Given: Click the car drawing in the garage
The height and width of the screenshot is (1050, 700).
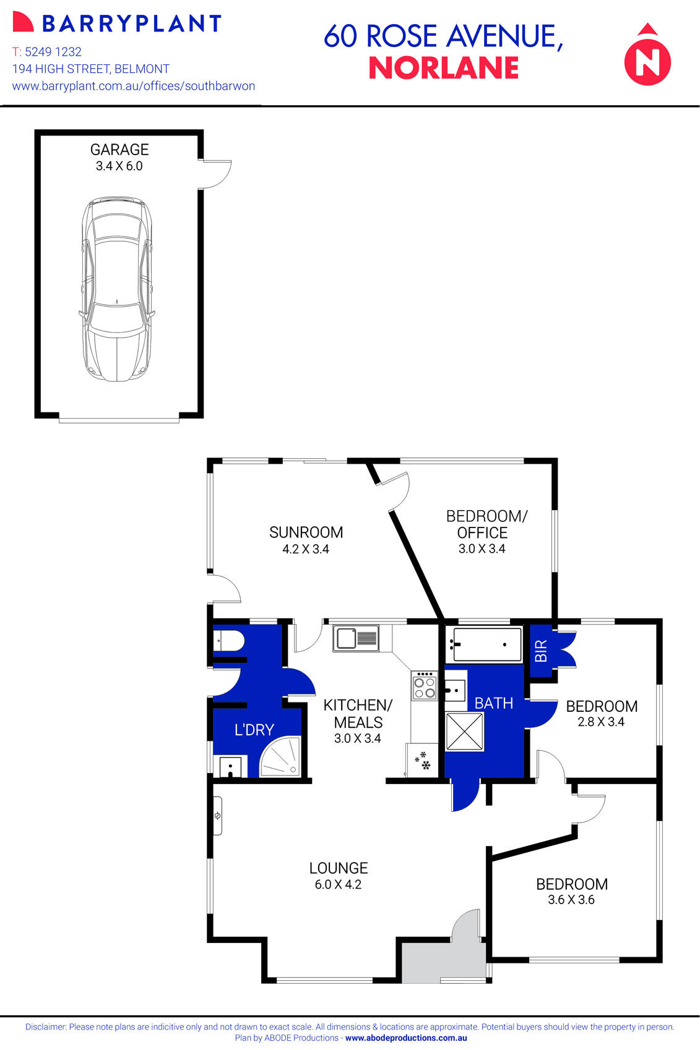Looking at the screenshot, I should pyautogui.click(x=116, y=289).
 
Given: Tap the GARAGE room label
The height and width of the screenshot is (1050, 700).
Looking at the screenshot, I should pyautogui.click(x=119, y=150).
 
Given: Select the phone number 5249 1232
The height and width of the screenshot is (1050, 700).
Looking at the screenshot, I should pyautogui.click(x=53, y=52).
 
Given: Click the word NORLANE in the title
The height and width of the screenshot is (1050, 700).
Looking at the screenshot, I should pyautogui.click(x=444, y=68).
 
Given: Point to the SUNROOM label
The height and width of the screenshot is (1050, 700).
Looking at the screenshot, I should pyautogui.click(x=306, y=532).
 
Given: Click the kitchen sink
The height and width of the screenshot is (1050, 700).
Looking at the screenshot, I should pyautogui.click(x=356, y=638).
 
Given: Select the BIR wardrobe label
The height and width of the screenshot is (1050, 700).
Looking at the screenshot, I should pyautogui.click(x=541, y=651).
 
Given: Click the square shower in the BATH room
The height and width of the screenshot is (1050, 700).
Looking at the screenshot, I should pyautogui.click(x=465, y=732).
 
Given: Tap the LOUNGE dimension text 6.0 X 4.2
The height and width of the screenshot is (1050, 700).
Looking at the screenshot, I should pyautogui.click(x=338, y=884).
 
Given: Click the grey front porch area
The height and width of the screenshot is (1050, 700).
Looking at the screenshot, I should pyautogui.click(x=443, y=958).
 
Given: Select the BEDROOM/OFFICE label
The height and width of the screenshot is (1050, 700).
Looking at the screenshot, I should pyautogui.click(x=486, y=524).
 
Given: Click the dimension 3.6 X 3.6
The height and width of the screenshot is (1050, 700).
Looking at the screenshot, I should pyautogui.click(x=571, y=900).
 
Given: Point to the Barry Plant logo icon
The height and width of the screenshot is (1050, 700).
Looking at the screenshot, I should pyautogui.click(x=23, y=22).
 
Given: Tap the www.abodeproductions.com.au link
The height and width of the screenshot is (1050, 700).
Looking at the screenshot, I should pyautogui.click(x=406, y=1038).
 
